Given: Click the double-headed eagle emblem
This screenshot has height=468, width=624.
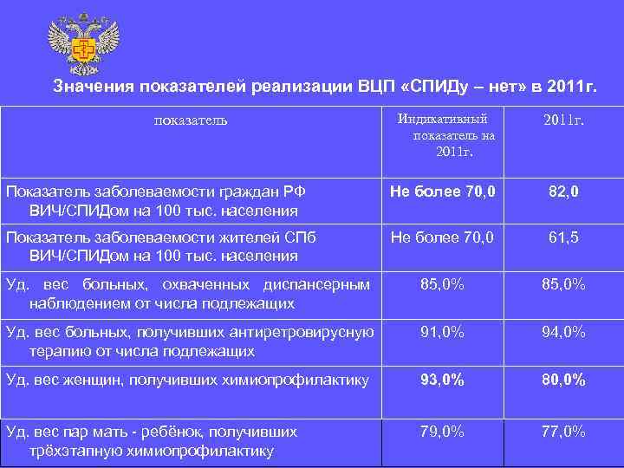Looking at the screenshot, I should [83, 43].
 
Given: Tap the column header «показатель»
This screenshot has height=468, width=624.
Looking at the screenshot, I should [191, 120].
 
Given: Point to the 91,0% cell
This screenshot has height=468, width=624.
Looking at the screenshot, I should [442, 332].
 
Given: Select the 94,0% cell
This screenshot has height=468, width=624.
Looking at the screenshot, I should [563, 332].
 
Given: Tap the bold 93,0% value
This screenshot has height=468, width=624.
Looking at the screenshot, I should [442, 380].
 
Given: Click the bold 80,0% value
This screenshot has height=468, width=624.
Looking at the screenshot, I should [563, 380].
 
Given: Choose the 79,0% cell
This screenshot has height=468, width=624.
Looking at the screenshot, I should [442, 432].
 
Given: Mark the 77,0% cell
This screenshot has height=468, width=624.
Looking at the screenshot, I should [563, 432].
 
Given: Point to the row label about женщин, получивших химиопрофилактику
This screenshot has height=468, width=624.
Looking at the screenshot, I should [187, 380].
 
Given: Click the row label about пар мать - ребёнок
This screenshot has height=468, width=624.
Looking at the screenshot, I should [152, 440].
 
